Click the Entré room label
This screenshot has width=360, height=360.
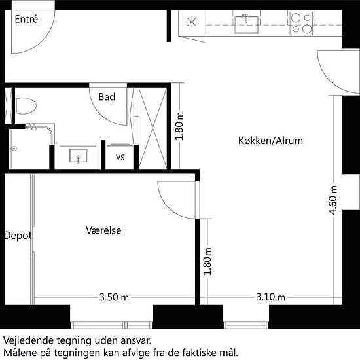pyautogui.click(x=26, y=19)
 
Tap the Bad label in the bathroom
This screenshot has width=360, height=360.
pyautogui.click(x=107, y=97)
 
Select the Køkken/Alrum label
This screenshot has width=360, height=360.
pyautogui.click(x=270, y=141)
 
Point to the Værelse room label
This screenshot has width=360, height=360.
pyautogui.click(x=103, y=230)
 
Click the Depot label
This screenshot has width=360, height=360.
pyautogui.click(x=18, y=236)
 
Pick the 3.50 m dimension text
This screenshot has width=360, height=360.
pyautogui.click(x=114, y=297)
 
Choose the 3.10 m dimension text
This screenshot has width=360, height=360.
pyautogui.click(x=271, y=297)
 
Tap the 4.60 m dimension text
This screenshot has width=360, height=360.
pyautogui.click(x=333, y=200)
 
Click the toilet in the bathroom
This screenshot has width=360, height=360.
pyautogui.click(x=26, y=106)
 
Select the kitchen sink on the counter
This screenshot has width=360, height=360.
pyautogui.click(x=247, y=24)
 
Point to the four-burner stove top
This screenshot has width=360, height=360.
pyautogui.click(x=301, y=24)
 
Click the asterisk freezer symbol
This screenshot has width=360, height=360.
pyautogui.click(x=192, y=22)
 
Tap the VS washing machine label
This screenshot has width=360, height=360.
pyautogui.click(x=120, y=157)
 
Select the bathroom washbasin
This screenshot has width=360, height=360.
pyautogui.click(x=78, y=156)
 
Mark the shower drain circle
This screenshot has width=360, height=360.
pyautogui.click(x=14, y=149)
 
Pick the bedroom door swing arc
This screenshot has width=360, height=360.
pyautogui.click(x=169, y=207)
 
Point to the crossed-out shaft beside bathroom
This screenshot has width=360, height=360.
pyautogui.click(x=153, y=128)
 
